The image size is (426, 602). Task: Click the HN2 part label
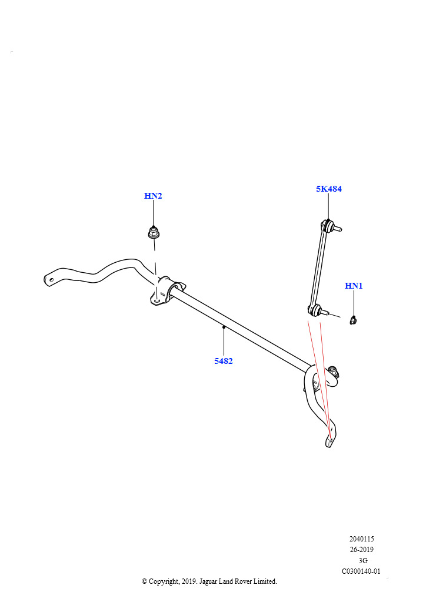153,196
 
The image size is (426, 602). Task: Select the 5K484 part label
329,189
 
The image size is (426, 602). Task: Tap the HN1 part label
354,286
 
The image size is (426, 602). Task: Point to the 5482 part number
224,361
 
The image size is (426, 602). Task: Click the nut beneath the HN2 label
154,232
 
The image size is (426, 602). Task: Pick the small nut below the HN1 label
354,320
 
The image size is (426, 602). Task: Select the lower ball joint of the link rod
314,310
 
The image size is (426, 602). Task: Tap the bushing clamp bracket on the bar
167,290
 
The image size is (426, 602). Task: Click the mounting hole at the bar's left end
51,280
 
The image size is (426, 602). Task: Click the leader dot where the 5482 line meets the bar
224,327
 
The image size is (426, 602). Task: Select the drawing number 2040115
361,539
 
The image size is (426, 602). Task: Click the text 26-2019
361,550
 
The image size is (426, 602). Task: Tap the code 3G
363,560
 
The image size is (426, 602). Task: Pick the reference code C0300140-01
361,571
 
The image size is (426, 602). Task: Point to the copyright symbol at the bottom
144,581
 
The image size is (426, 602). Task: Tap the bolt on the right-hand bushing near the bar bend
334,371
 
